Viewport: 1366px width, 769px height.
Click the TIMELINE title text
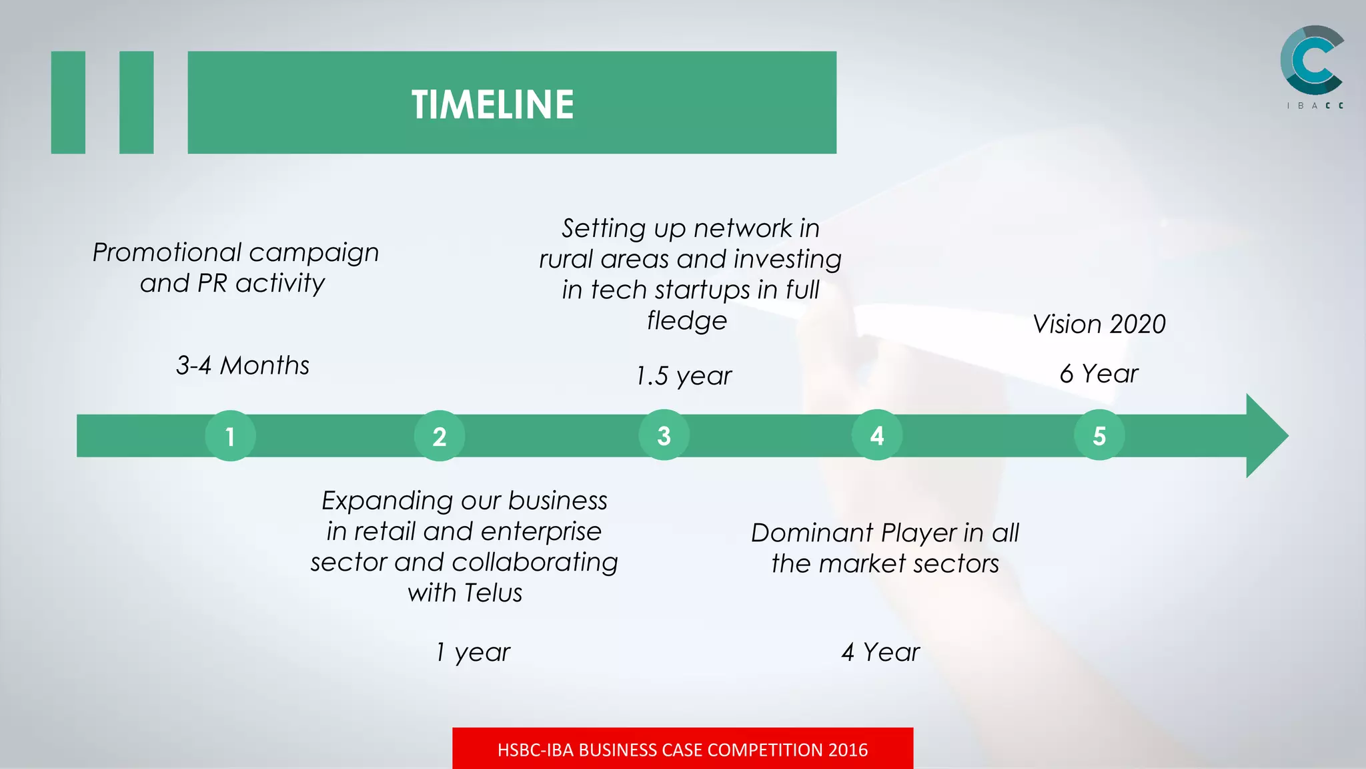pos(492,105)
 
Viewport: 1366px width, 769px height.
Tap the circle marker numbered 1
pos(230,436)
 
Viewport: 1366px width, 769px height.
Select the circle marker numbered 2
pos(440,436)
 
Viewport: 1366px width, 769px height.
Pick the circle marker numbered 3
pos(664,435)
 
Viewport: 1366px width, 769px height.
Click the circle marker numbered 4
pos(877,435)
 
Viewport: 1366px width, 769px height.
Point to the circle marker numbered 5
pos(1099,435)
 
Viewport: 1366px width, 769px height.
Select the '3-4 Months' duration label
pos(243,366)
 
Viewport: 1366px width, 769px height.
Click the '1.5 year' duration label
pos(684,376)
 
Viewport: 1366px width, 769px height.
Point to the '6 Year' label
pos(1099,374)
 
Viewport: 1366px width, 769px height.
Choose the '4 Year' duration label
pos(880,652)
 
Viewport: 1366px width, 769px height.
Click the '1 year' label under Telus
pos(473,652)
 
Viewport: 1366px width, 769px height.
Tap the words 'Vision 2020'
pos(1099,324)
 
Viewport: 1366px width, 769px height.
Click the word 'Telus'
pos(493,593)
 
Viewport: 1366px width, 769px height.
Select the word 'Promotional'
pos(167,252)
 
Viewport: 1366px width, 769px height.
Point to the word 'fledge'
pos(686,321)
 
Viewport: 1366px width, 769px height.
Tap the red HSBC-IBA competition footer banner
pos(682,749)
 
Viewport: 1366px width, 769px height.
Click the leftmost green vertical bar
pos(68,102)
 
